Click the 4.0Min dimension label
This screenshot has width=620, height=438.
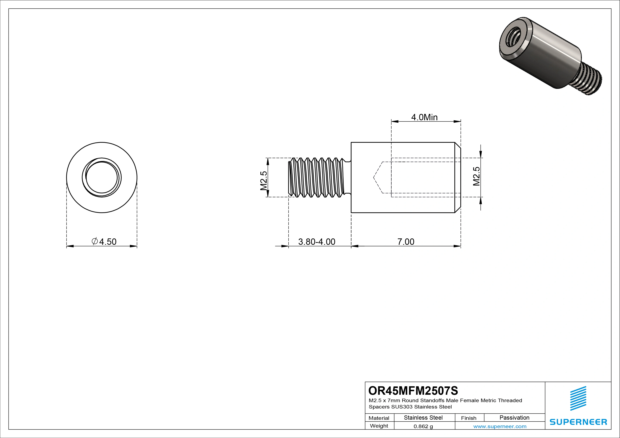coord(424,117)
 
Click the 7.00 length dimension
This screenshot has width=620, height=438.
coord(406,242)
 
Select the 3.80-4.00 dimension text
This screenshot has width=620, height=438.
coord(316,242)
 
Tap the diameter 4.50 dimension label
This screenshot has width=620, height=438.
coord(104,242)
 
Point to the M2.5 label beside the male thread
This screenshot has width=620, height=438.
coord(264,181)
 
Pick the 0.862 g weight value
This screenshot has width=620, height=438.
coord(423,426)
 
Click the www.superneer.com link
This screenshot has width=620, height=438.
coord(500,426)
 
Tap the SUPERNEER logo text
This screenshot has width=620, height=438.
coord(578,422)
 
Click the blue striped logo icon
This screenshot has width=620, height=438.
coord(578,398)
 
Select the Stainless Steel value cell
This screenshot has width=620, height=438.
coord(423,418)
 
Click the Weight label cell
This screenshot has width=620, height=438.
coord(379,426)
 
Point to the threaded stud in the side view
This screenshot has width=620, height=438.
coord(317,177)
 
